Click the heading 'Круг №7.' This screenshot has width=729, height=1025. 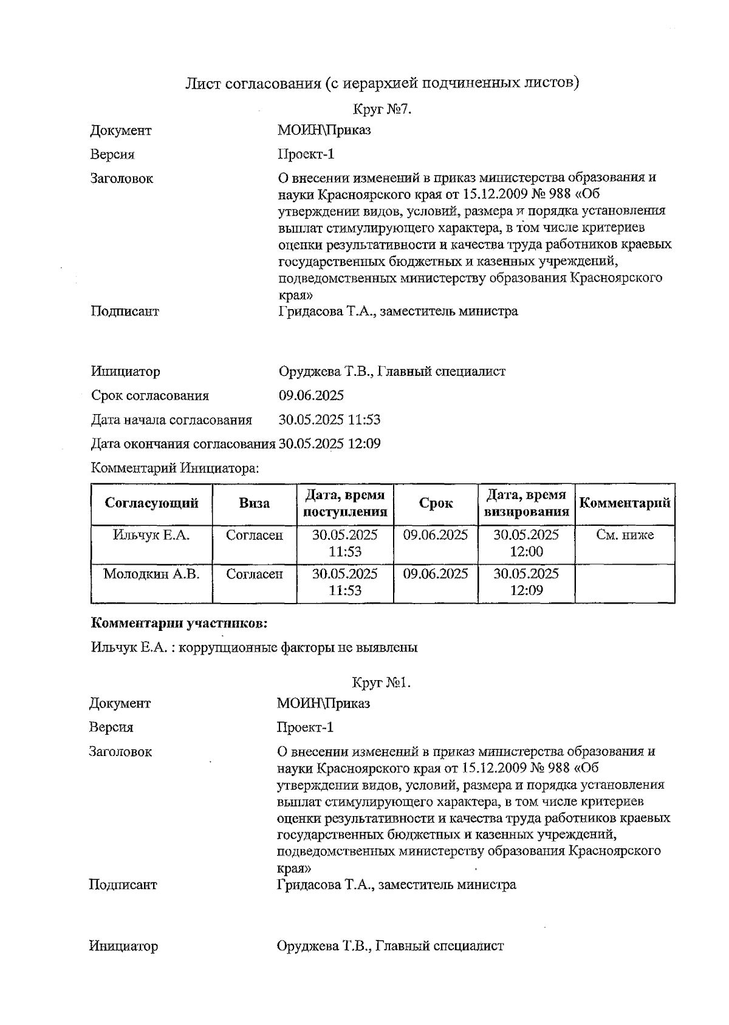pos(382,109)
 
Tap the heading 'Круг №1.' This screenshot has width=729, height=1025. pos(382,683)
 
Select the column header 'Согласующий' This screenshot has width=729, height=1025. pos(151,503)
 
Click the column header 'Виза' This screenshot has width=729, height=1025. pos(254,503)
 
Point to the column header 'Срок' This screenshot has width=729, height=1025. pos(436,503)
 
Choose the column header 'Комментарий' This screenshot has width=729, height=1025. pos(625,503)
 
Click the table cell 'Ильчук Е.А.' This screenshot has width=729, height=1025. pos(151,535)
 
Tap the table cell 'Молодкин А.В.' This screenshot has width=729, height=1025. pos(151,574)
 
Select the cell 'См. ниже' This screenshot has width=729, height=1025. pos(625,535)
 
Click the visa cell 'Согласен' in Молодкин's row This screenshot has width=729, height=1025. pos(254,574)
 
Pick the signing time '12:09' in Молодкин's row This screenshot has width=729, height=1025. pos(526,590)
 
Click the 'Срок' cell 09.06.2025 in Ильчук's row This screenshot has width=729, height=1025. pos(436,535)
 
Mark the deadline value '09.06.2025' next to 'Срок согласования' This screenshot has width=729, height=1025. pos(311,396)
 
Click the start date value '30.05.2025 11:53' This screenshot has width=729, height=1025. pos(329,420)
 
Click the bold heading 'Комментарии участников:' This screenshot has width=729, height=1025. pos(179,623)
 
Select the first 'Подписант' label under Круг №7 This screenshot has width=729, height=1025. pos(125,312)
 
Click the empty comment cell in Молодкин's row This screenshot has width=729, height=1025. pos(625,583)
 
